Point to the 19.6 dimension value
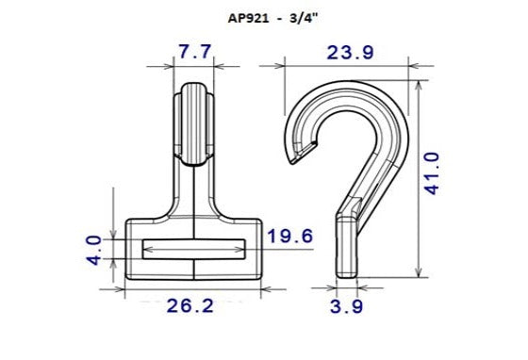pyautogui.click(x=289, y=236)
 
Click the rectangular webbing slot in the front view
pyautogui.click(x=192, y=249)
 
